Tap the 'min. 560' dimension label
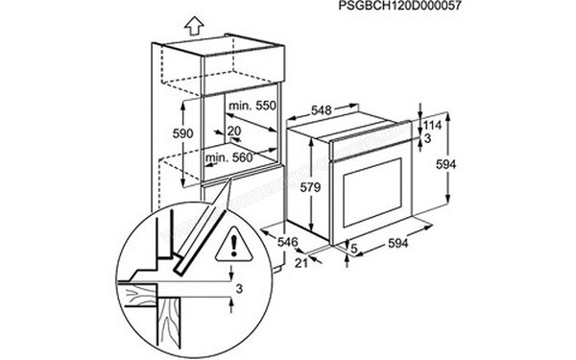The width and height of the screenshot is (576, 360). [x=228, y=155]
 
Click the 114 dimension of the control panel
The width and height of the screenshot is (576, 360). [x=434, y=126]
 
